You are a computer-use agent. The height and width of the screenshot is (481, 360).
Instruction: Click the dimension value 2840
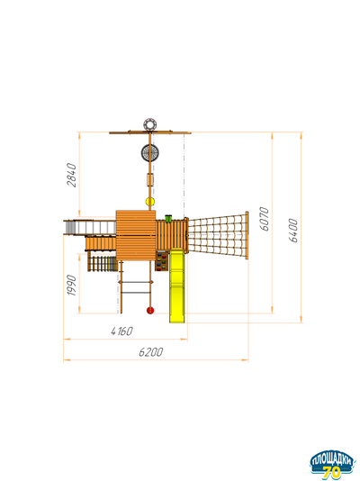click(72, 175)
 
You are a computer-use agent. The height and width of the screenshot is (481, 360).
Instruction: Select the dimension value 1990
click(72, 286)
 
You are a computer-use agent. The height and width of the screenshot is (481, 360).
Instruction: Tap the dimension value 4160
click(121, 331)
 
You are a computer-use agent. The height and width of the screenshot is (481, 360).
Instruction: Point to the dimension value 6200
click(150, 352)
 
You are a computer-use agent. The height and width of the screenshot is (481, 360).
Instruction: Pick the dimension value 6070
click(264, 219)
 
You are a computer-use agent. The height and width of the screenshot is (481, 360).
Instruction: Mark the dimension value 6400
click(293, 231)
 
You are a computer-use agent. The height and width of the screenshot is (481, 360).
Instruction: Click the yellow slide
click(177, 286)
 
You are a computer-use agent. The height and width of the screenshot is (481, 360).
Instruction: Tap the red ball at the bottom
click(150, 311)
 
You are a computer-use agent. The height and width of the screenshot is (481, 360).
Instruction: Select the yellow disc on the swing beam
click(150, 202)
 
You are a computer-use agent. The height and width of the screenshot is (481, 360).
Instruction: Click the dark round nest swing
click(150, 152)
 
